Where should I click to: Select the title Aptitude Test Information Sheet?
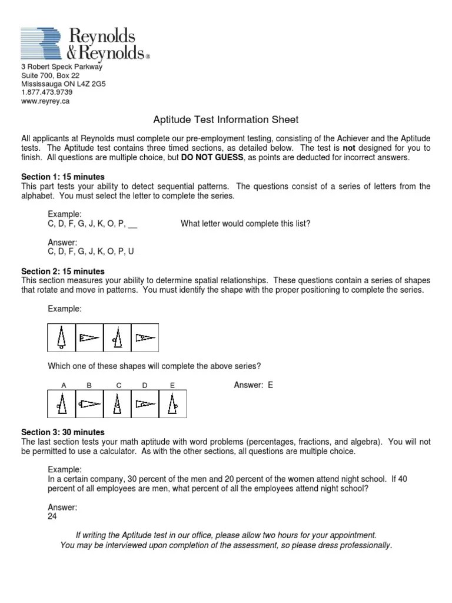[x=226, y=120]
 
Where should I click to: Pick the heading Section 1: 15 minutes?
[x=63, y=177]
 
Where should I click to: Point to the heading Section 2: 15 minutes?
[x=63, y=271]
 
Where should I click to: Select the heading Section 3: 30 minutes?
[x=63, y=432]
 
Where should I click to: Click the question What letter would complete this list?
[x=245, y=224]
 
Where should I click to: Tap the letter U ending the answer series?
[x=131, y=251]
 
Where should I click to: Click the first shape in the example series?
[x=61, y=337]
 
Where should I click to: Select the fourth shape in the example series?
[x=144, y=337]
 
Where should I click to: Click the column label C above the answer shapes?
[x=118, y=385]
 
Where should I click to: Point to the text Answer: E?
[x=254, y=385]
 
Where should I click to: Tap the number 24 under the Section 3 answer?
[x=53, y=516]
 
